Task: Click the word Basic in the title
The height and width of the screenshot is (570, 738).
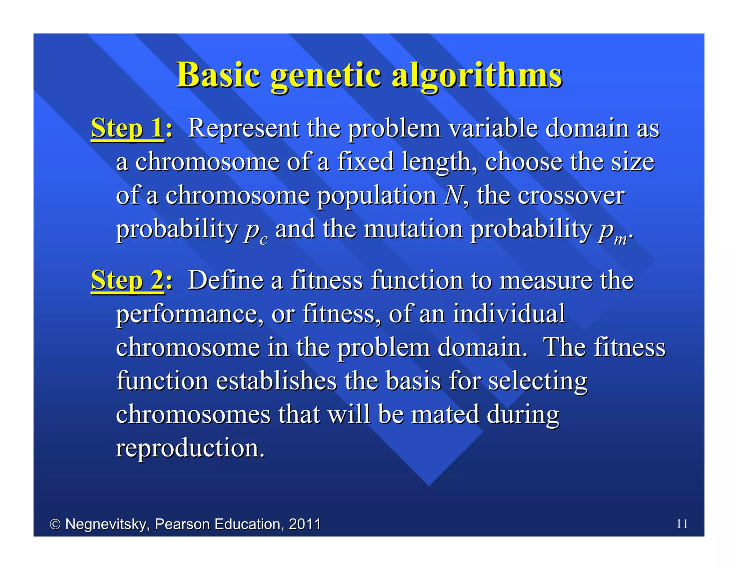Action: tap(218, 75)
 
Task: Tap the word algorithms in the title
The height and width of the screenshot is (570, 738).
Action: tap(476, 76)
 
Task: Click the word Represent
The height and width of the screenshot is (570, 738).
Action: tap(243, 128)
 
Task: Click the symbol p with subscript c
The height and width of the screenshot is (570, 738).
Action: tap(255, 231)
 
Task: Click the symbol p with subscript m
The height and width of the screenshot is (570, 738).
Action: tap(612, 231)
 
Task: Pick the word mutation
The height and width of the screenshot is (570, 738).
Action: tap(413, 229)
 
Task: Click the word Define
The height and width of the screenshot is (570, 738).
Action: tap(226, 280)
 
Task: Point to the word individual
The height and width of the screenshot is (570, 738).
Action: tap(508, 313)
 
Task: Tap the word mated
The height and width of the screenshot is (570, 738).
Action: tap(445, 414)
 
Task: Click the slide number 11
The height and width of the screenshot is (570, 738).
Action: tap(682, 524)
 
